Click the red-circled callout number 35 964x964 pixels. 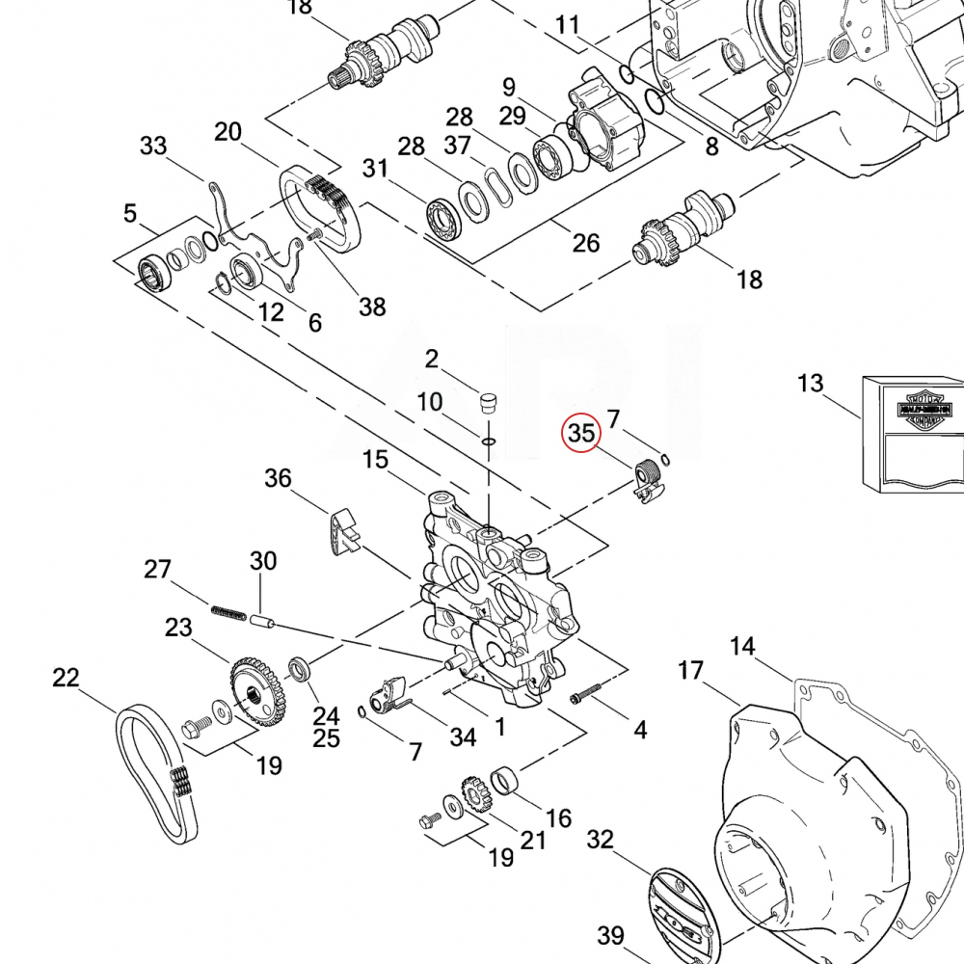[580, 433]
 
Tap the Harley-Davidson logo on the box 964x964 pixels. [924, 410]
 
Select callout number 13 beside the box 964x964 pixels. [811, 384]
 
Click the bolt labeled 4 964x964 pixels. [585, 693]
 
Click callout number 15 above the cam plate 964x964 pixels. [376, 460]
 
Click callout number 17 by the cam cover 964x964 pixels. [691, 669]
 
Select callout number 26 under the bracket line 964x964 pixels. [585, 243]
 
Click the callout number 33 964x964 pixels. [153, 147]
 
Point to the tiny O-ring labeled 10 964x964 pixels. [488, 442]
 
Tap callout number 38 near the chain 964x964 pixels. [372, 307]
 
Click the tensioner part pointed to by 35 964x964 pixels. [648, 480]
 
